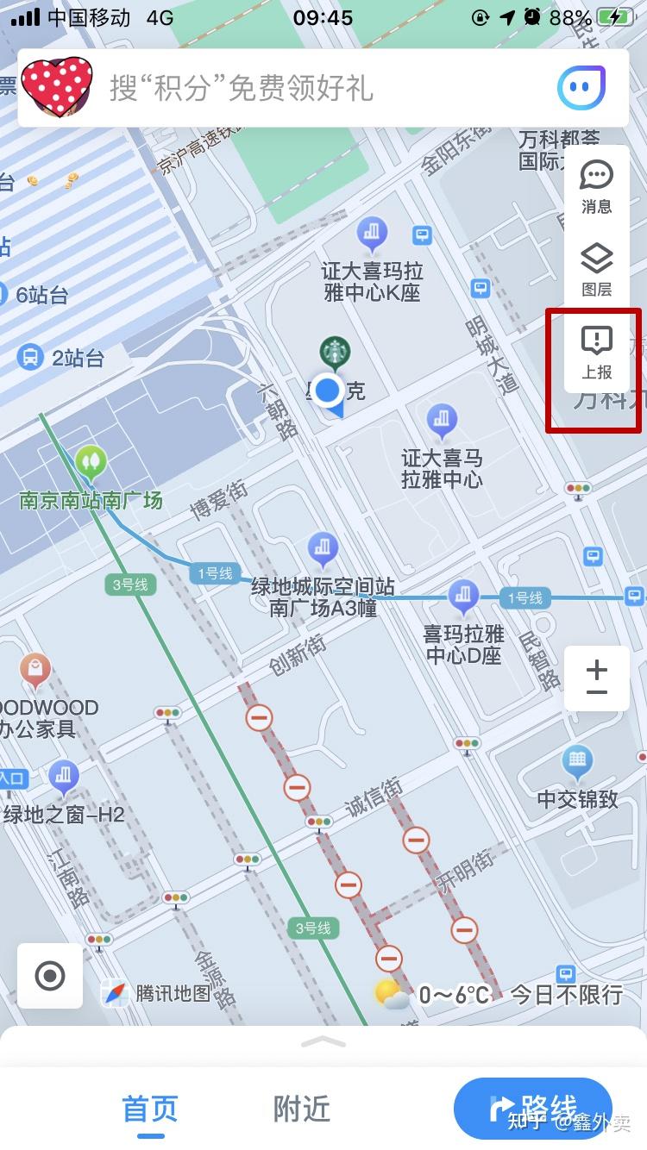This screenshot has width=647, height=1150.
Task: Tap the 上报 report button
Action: (597, 352)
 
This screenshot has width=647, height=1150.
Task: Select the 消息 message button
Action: (597, 185)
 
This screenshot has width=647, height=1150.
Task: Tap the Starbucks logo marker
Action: (335, 352)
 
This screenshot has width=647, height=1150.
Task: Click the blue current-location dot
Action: (328, 391)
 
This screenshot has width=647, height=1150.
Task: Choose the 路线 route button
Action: (533, 1108)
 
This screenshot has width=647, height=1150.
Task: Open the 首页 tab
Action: (150, 1109)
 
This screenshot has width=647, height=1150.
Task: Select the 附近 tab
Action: (302, 1109)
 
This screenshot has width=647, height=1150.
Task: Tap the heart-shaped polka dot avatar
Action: (57, 86)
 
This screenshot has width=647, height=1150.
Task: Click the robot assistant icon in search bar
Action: (582, 88)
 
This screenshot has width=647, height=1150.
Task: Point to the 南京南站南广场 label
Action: (91, 500)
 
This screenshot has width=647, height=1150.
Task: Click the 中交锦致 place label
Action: (577, 798)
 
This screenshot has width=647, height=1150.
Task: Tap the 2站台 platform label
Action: (78, 357)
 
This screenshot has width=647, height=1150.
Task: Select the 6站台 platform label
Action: (41, 295)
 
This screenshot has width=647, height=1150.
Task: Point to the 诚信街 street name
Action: (374, 798)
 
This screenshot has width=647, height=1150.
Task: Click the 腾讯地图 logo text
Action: (173, 993)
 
